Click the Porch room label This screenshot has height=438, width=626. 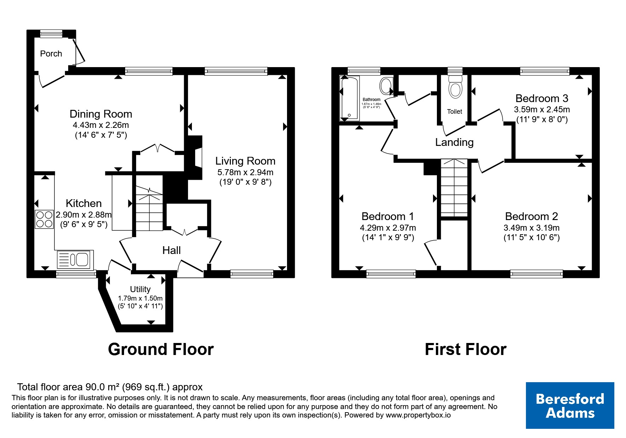[x=51, y=54]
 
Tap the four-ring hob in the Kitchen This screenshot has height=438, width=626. [x=44, y=219]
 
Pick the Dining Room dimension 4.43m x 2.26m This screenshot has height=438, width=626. [x=101, y=125]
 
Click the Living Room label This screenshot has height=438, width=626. [x=245, y=161]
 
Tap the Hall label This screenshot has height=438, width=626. [x=171, y=250]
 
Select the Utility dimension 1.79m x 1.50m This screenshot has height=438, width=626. [x=140, y=298]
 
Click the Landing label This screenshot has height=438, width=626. [x=454, y=142]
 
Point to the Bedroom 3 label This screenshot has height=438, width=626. [x=542, y=98]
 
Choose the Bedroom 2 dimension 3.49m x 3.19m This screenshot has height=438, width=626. [x=532, y=228]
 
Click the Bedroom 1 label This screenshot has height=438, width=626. [x=388, y=216]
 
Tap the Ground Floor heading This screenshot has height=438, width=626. [x=161, y=349]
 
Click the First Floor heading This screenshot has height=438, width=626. [x=466, y=349]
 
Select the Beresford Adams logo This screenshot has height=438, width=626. [x=570, y=406]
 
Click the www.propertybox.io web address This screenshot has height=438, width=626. [x=418, y=415]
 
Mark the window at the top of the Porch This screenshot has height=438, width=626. [x=51, y=34]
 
